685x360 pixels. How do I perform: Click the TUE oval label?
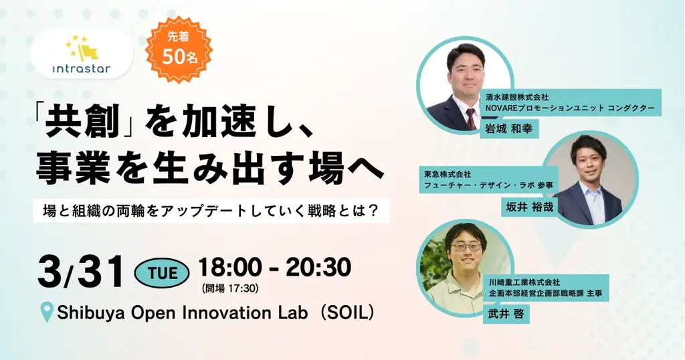click(162, 272)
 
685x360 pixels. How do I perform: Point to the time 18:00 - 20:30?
click(274, 268)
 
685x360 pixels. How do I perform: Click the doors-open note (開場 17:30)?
click(229, 289)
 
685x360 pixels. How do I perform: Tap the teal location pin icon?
click(47, 312)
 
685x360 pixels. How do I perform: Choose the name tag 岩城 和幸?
click(510, 128)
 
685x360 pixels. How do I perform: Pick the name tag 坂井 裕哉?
click(528, 207)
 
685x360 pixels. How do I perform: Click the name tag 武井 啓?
click(506, 313)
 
